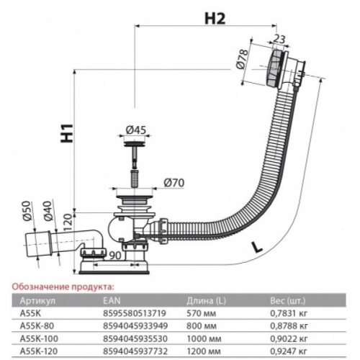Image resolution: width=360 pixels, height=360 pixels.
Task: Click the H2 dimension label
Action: (x=215, y=18)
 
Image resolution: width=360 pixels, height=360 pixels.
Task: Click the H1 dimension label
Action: (x=67, y=133)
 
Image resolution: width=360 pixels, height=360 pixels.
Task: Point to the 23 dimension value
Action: (x=279, y=39)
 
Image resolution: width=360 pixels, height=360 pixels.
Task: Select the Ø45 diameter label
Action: (x=136, y=130)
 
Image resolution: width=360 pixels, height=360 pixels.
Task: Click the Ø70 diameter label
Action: (x=174, y=183)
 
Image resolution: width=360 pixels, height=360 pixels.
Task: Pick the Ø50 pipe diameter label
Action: (x=28, y=210)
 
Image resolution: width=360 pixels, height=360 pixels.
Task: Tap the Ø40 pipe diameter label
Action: (x=48, y=210)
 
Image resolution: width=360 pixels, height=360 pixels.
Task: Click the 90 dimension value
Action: (x=114, y=255)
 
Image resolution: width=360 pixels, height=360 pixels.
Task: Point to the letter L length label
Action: (x=257, y=248)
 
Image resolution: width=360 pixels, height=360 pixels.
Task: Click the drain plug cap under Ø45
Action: (x=135, y=144)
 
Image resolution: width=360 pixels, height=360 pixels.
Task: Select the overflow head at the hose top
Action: (x=286, y=68)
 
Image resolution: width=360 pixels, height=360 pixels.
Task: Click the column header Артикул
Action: (x=37, y=301)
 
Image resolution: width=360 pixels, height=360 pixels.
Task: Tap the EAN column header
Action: (x=112, y=300)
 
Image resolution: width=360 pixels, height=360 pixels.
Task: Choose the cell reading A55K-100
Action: (x=39, y=338)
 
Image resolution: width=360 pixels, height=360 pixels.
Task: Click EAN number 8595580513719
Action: (x=135, y=313)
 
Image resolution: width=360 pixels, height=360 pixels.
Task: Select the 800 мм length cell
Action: (x=202, y=325)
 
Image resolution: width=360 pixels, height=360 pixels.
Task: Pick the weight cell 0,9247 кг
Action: (x=289, y=351)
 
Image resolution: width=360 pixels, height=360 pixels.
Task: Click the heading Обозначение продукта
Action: (x=62, y=287)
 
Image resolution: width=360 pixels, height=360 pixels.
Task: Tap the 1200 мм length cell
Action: (x=204, y=351)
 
